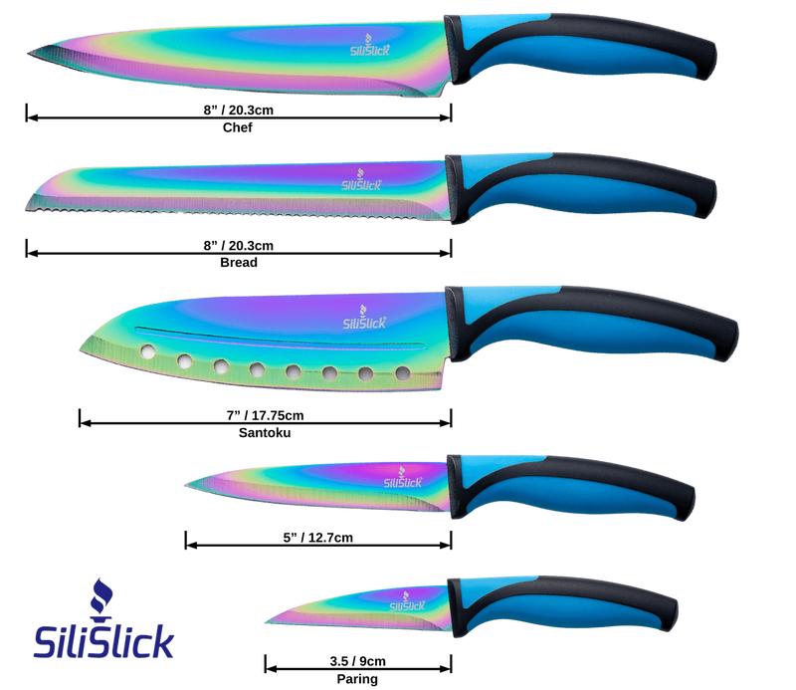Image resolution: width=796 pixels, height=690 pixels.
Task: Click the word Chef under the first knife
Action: click(x=238, y=127)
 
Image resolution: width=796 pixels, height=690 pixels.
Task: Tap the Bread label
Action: click(x=238, y=263)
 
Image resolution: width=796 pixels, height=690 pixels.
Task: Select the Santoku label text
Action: click(x=265, y=433)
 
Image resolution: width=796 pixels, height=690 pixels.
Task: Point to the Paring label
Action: click(x=357, y=679)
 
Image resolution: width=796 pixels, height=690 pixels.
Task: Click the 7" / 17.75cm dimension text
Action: click(x=265, y=414)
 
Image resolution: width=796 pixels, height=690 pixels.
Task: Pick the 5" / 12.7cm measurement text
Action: click(x=317, y=538)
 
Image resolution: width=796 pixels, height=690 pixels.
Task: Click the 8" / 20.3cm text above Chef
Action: click(x=238, y=110)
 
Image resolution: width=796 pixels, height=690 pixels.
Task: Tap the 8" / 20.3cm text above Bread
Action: click(x=238, y=245)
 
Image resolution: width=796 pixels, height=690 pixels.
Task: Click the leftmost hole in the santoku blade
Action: click(x=148, y=351)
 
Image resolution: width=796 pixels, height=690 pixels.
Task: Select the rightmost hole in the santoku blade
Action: click(x=402, y=373)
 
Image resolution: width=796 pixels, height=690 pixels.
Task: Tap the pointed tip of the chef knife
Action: click(x=30, y=53)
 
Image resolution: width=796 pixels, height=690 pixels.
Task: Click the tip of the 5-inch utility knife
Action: click(x=189, y=484)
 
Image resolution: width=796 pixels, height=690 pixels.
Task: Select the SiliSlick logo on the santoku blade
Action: click(x=366, y=319)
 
